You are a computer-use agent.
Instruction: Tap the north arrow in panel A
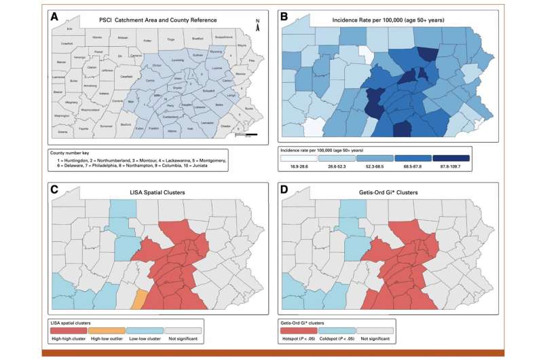pyautogui.click(x=257, y=25)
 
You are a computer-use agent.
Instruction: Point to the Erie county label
pyautogui.click(x=69, y=29)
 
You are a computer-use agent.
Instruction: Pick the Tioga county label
pyautogui.click(x=170, y=39)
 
